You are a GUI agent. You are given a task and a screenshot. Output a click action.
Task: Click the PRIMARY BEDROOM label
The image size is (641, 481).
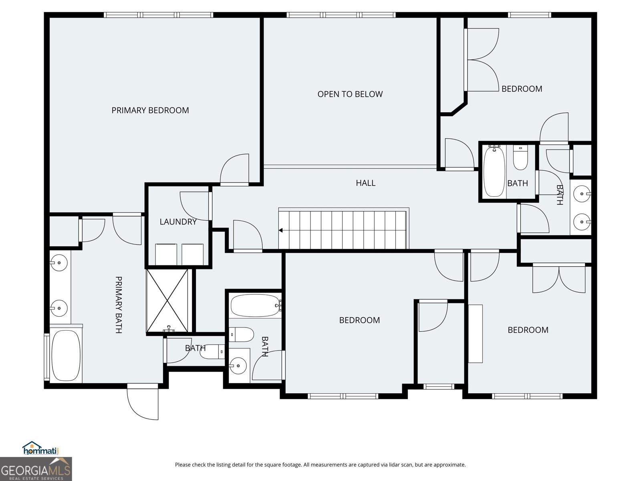click(x=150, y=110)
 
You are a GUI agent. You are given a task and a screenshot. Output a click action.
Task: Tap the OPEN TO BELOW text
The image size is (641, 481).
click(x=350, y=94)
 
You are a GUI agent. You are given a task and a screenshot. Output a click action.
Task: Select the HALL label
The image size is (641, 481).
click(x=365, y=183)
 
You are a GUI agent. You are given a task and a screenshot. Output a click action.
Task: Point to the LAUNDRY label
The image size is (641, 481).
click(x=178, y=222)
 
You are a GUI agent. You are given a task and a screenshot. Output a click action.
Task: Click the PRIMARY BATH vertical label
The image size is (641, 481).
click(x=119, y=305)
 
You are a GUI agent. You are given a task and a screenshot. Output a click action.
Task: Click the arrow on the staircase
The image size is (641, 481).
click(x=281, y=230)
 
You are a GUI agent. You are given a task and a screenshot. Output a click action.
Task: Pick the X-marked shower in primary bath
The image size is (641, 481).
click(x=167, y=301)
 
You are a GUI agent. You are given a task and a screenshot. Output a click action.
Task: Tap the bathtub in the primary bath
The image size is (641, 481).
click(x=66, y=356)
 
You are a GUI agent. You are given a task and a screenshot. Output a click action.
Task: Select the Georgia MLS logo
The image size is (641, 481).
click(x=36, y=469)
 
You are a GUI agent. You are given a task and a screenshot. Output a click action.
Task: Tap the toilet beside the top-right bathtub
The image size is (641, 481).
click(x=520, y=158)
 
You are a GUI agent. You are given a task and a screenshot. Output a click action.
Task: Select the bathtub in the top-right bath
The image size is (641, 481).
click(x=494, y=172)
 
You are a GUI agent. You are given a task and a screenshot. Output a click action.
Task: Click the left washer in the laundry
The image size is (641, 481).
click(x=166, y=255)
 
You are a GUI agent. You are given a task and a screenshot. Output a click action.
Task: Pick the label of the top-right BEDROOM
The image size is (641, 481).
click(x=522, y=89)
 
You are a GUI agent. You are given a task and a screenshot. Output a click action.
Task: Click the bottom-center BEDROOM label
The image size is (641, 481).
click(x=359, y=320)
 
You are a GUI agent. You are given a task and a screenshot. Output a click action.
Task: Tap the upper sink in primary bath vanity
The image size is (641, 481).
click(x=59, y=263)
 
